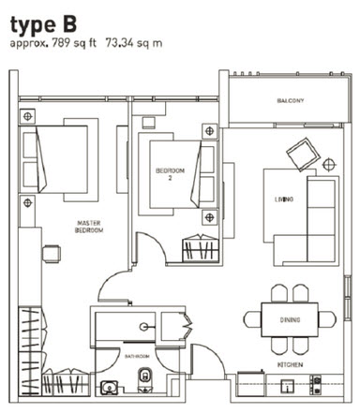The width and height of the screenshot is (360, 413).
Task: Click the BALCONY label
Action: point(290,100)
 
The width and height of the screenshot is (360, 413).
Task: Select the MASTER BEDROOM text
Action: point(90,226)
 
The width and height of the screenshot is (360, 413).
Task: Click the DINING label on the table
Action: point(290,321)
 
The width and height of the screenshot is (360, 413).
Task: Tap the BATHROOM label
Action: point(136,357)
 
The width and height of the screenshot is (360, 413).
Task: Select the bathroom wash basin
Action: point(110,385)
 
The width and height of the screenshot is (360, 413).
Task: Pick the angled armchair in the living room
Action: point(302,150)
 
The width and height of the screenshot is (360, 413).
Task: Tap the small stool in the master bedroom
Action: point(49,251)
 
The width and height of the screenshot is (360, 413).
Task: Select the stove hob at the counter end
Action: point(316,382)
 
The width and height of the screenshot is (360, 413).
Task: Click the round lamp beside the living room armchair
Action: point(328,164)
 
